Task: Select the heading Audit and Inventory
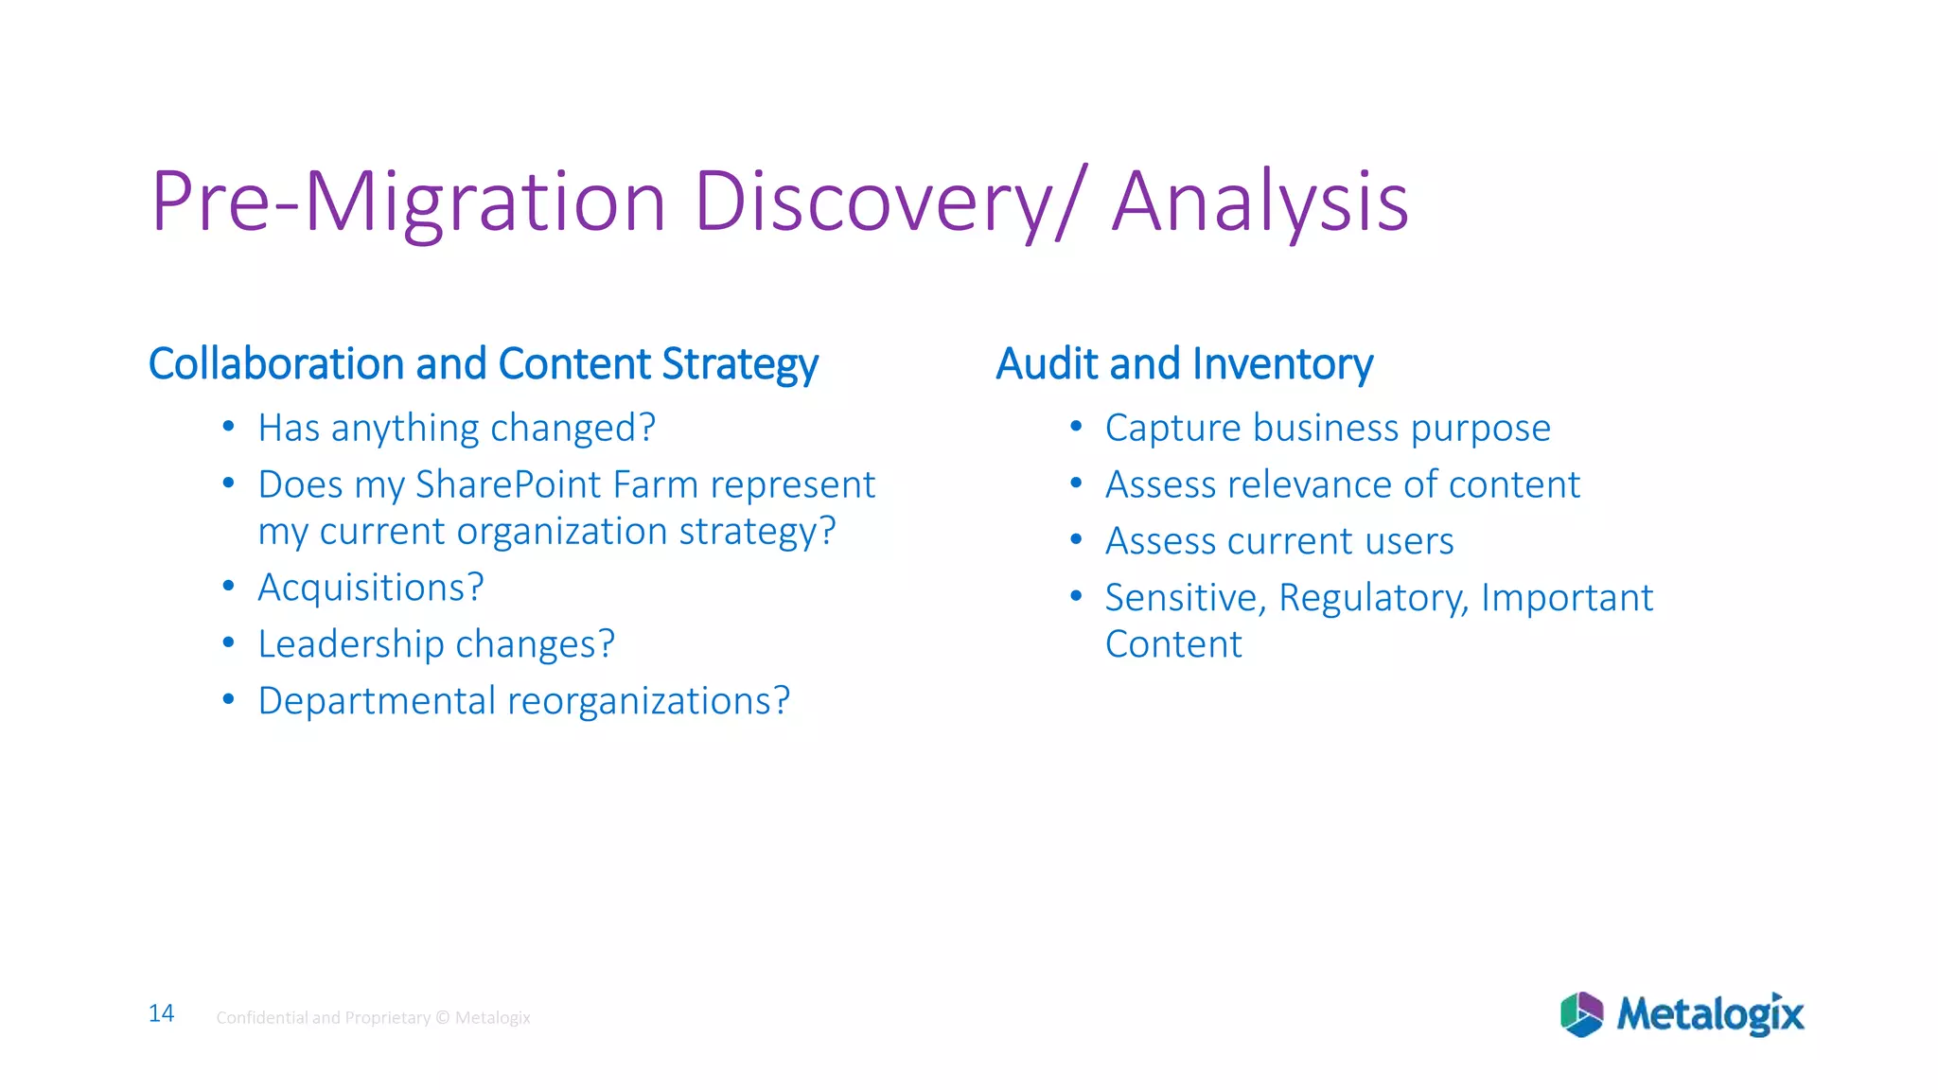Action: [x=1184, y=364]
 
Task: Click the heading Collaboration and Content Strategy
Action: [x=483, y=364]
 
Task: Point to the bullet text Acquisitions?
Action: [x=371, y=588]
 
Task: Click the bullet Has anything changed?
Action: [x=456, y=429]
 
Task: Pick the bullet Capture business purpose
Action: [x=1327, y=429]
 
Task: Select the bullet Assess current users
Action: [x=1278, y=541]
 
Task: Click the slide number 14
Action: [x=161, y=1013]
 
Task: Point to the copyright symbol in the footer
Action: [x=442, y=1017]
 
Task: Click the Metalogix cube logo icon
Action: [x=1581, y=1014]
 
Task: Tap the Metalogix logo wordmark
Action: [x=1710, y=1014]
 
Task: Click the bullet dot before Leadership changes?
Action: [x=228, y=642]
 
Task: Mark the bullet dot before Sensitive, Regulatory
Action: [x=1076, y=596]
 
